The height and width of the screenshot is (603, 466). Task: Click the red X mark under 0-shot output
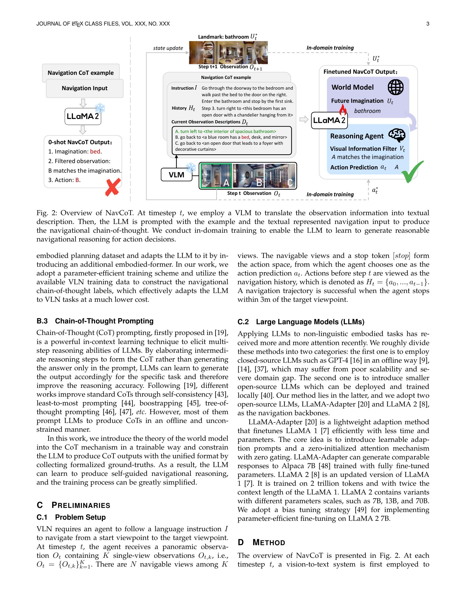click(x=113, y=187)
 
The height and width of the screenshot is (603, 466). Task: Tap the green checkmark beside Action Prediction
click(x=412, y=172)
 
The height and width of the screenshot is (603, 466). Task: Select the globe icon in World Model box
click(x=395, y=87)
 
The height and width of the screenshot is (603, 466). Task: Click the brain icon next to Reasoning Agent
click(x=397, y=135)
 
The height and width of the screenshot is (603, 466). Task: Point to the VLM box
click(x=177, y=175)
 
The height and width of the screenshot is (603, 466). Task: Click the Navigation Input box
click(x=84, y=88)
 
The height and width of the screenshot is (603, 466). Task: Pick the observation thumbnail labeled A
click(x=216, y=176)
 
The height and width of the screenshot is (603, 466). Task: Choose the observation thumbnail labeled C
click(x=280, y=176)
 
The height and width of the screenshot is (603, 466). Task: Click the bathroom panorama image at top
click(x=228, y=52)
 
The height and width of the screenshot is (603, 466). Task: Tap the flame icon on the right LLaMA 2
click(x=343, y=110)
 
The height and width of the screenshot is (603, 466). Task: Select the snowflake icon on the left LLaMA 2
click(x=100, y=108)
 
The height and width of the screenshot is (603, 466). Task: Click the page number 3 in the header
click(x=428, y=24)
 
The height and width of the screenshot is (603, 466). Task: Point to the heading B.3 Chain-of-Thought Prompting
click(x=95, y=321)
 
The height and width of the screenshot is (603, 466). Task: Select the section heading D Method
click(x=261, y=542)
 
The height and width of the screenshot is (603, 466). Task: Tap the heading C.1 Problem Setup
click(x=71, y=517)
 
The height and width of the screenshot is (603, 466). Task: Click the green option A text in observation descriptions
click(x=225, y=131)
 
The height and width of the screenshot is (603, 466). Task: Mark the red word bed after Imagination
click(x=95, y=152)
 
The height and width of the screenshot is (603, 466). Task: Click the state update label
click(x=168, y=48)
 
